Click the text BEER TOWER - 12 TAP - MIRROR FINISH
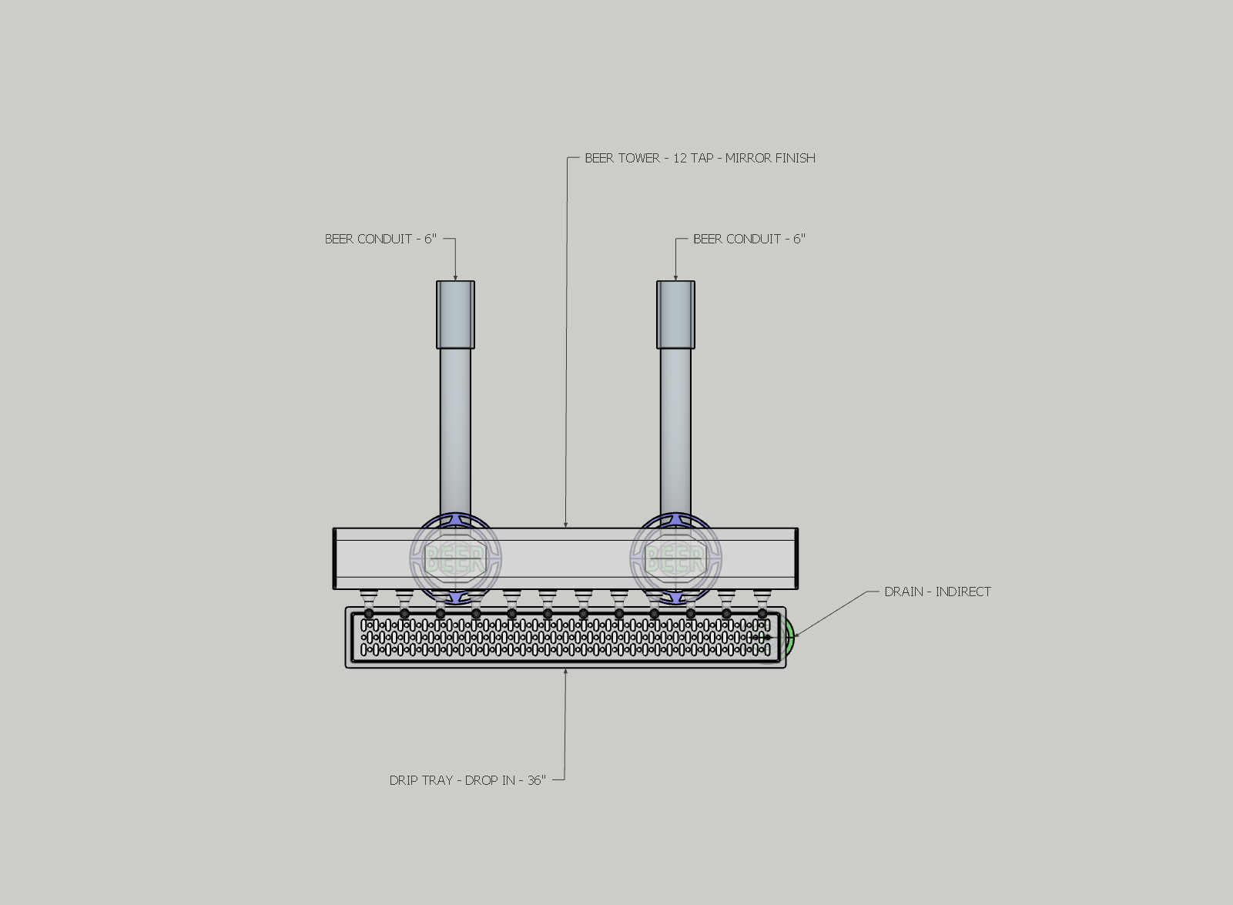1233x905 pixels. (699, 158)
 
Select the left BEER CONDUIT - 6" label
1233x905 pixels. (380, 239)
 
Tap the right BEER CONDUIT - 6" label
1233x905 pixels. (749, 239)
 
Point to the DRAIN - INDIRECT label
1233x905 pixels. (937, 592)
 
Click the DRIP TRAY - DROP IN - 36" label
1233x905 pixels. (467, 780)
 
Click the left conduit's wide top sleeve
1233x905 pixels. (455, 314)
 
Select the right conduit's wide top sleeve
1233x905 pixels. (675, 314)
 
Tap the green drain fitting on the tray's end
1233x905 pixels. (789, 635)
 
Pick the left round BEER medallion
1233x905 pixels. (455, 558)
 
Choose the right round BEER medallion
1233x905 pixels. (675, 558)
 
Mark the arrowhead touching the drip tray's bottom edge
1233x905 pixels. (566, 672)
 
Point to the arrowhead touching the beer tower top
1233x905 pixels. (566, 525)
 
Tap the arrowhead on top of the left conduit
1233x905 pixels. (455, 278)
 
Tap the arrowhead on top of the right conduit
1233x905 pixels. (675, 278)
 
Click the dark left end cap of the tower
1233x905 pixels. (334, 558)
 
